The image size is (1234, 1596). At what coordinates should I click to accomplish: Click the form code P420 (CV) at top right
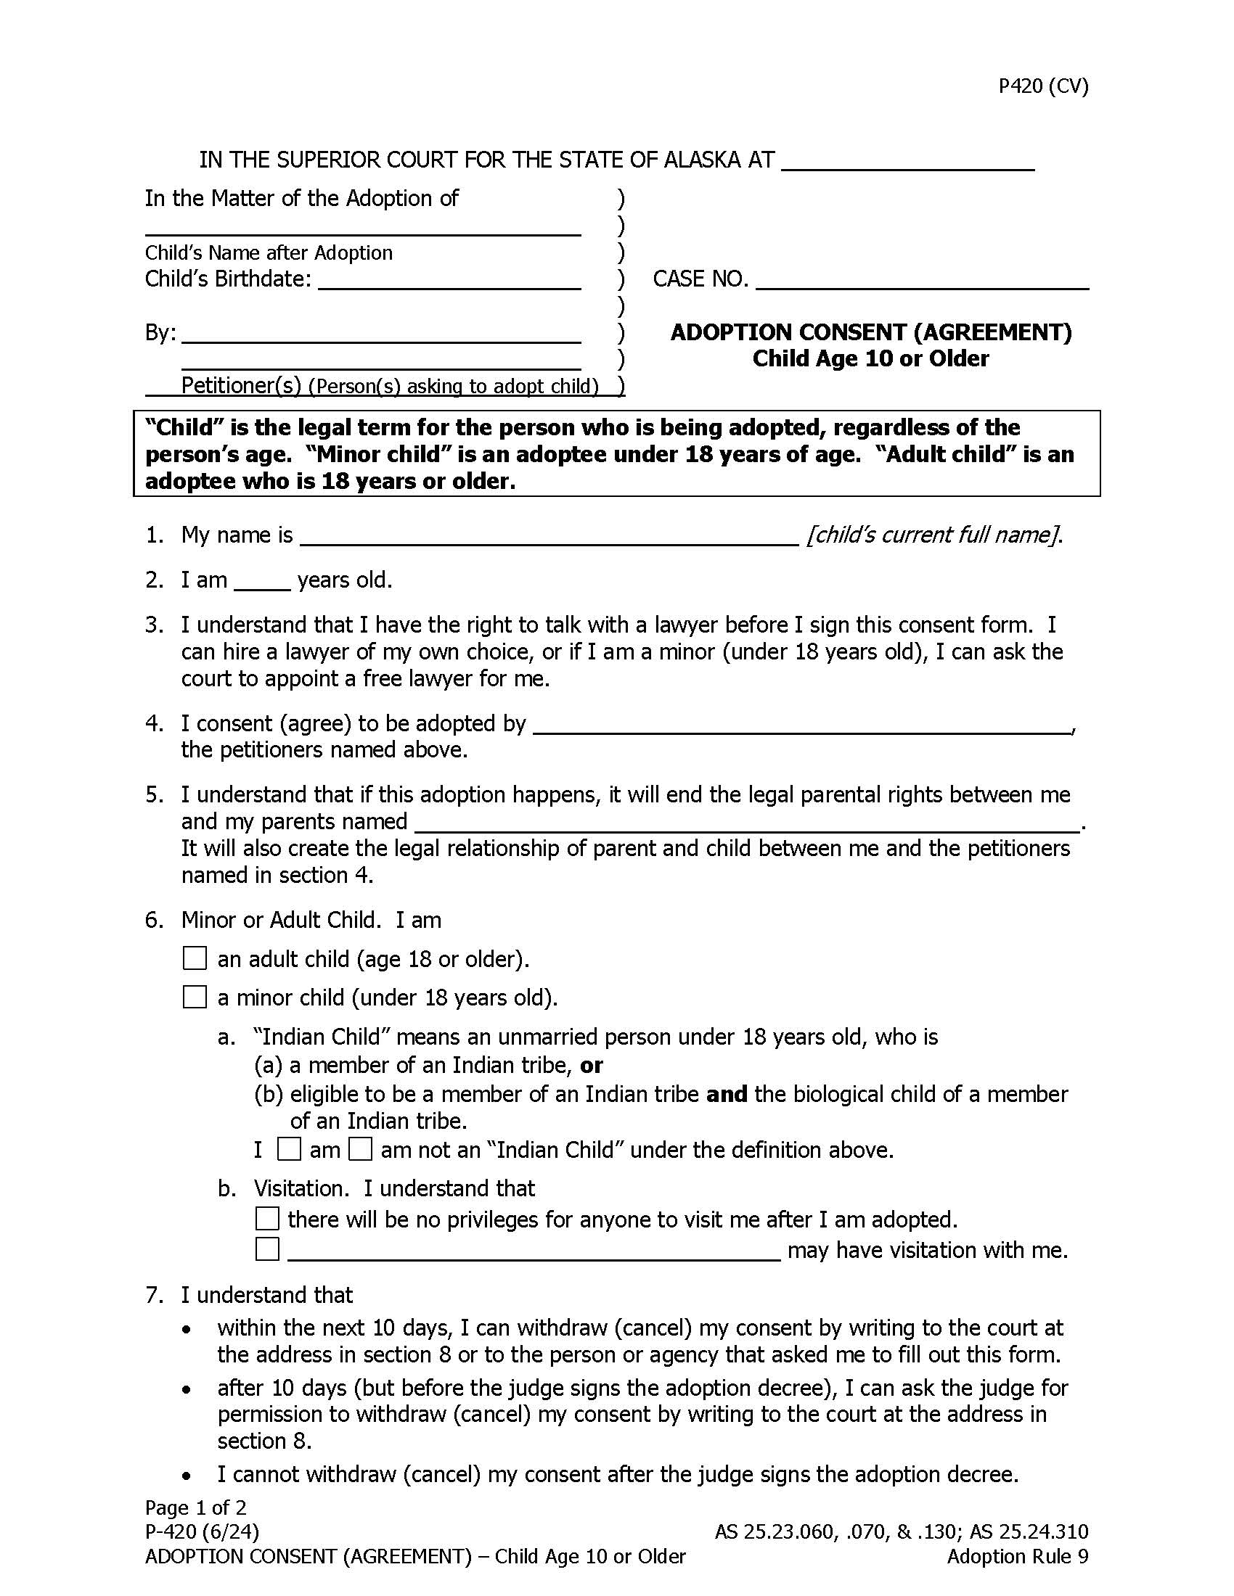pyautogui.click(x=1043, y=86)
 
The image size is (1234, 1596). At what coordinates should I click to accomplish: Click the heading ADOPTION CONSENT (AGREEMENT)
pyautogui.click(x=870, y=332)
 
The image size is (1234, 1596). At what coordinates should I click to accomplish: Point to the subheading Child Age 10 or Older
pyautogui.click(x=870, y=359)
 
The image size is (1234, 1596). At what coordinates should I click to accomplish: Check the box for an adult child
pyautogui.click(x=195, y=958)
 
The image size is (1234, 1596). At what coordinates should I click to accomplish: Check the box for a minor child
pyautogui.click(x=195, y=997)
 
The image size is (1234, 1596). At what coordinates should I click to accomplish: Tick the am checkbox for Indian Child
pyautogui.click(x=290, y=1150)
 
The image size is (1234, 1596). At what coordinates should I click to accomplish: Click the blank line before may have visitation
pyautogui.click(x=534, y=1251)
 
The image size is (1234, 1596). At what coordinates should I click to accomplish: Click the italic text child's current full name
pyautogui.click(x=933, y=535)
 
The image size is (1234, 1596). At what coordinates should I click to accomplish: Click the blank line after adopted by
pyautogui.click(x=801, y=725)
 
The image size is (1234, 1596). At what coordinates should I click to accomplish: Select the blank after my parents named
pyautogui.click(x=745, y=823)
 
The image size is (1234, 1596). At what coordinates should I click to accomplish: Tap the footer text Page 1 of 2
pyautogui.click(x=196, y=1507)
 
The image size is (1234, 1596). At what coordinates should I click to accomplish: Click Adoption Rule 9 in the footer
pyautogui.click(x=1017, y=1556)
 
